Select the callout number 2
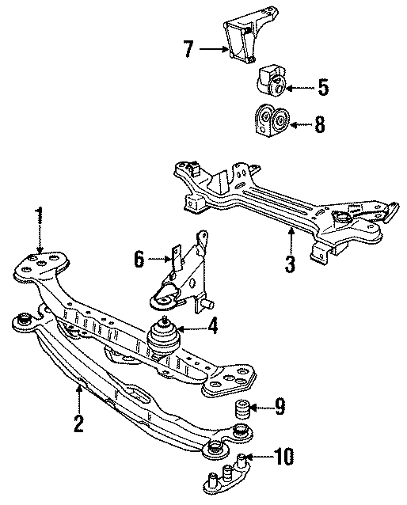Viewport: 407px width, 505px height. [x=78, y=423]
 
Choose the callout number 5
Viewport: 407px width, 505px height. [x=322, y=86]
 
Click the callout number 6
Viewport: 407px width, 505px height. [x=139, y=258]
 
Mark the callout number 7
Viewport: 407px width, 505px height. [x=188, y=49]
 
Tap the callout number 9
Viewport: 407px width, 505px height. [x=280, y=408]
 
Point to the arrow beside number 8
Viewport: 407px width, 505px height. [x=301, y=123]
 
